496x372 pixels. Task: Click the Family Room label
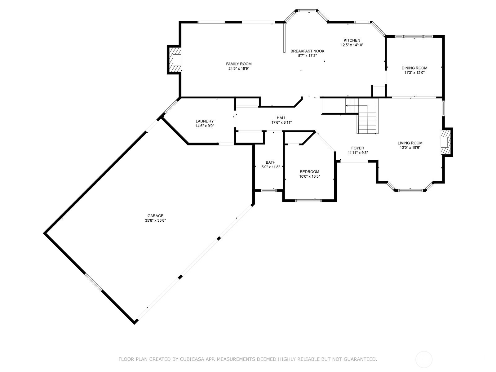tap(239, 64)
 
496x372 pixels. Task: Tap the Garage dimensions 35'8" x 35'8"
tap(155, 220)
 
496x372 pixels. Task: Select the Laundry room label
tap(205, 121)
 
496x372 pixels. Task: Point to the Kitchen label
tap(352, 40)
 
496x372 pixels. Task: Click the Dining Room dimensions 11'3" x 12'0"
tap(414, 73)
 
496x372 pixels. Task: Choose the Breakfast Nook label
tap(307, 51)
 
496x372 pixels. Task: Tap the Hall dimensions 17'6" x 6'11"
tap(281, 122)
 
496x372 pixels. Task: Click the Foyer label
tap(358, 148)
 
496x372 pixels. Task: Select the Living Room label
tap(410, 143)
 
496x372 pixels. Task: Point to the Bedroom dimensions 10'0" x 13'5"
tap(309, 176)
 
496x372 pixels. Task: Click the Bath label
tap(271, 162)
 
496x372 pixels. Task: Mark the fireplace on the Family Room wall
tap(175, 60)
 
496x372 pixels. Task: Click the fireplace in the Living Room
tap(446, 142)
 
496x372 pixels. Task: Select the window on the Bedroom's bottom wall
tap(308, 201)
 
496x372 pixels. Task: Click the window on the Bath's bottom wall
tap(268, 190)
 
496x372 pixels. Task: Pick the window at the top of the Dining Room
tap(414, 37)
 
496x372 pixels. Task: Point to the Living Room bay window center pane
tap(410, 190)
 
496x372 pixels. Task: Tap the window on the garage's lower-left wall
tap(93, 282)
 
